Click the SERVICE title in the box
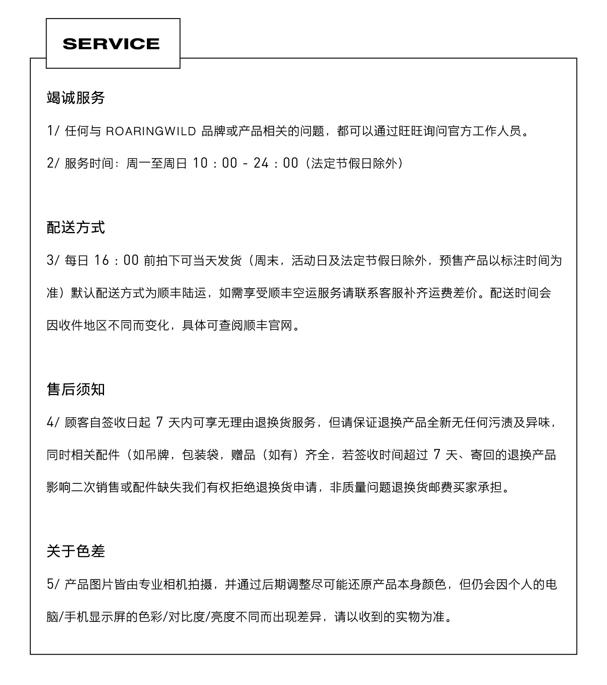[x=111, y=44]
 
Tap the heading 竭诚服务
[x=76, y=98]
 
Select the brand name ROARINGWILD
[x=151, y=131]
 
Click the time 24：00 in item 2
[x=276, y=163]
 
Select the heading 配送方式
[x=76, y=228]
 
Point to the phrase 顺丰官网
[x=268, y=325]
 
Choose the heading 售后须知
[x=76, y=389]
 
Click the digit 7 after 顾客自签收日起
[x=159, y=423]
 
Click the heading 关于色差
[x=76, y=551]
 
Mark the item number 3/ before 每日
[x=53, y=260]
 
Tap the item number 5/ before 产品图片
[x=53, y=585]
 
